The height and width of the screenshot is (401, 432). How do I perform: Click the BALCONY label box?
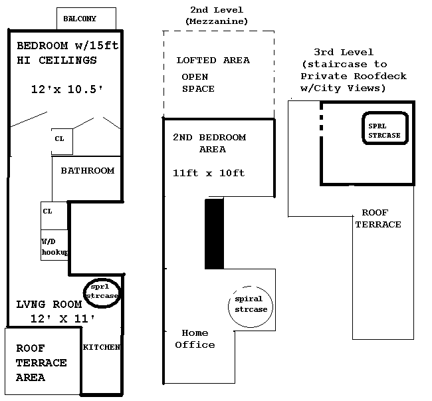86,18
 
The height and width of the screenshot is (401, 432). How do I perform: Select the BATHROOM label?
88,171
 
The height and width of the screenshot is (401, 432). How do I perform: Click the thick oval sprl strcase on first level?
102,291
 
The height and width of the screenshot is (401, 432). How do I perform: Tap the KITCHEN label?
101,347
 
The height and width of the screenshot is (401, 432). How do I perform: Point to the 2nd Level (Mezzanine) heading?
217,16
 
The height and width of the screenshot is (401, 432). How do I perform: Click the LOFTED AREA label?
213,61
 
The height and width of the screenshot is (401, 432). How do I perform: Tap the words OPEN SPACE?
199,83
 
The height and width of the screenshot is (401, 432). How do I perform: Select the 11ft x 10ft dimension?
209,173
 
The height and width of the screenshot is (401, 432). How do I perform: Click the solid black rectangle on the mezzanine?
214,234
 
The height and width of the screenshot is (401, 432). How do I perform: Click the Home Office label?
195,338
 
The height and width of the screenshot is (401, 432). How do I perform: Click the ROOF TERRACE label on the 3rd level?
378,219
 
